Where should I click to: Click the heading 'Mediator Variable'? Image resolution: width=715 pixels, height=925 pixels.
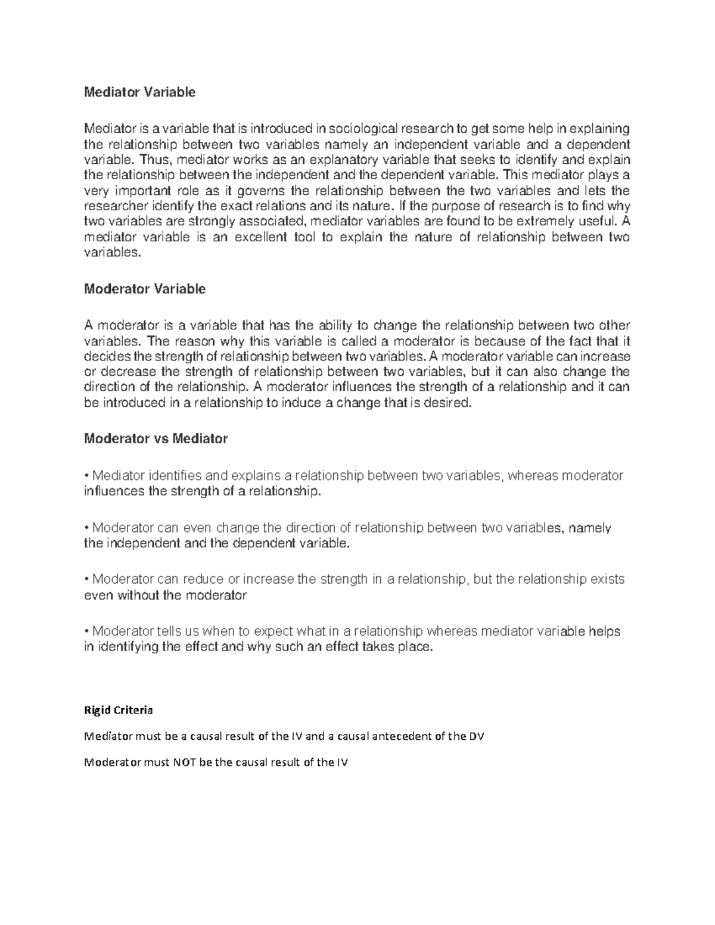pos(139,92)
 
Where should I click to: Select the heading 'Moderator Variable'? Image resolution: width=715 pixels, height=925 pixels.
pos(145,289)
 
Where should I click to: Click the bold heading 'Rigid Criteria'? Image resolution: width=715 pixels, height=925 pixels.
pos(119,710)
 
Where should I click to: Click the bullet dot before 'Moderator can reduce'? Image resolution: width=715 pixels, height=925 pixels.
pos(87,579)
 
